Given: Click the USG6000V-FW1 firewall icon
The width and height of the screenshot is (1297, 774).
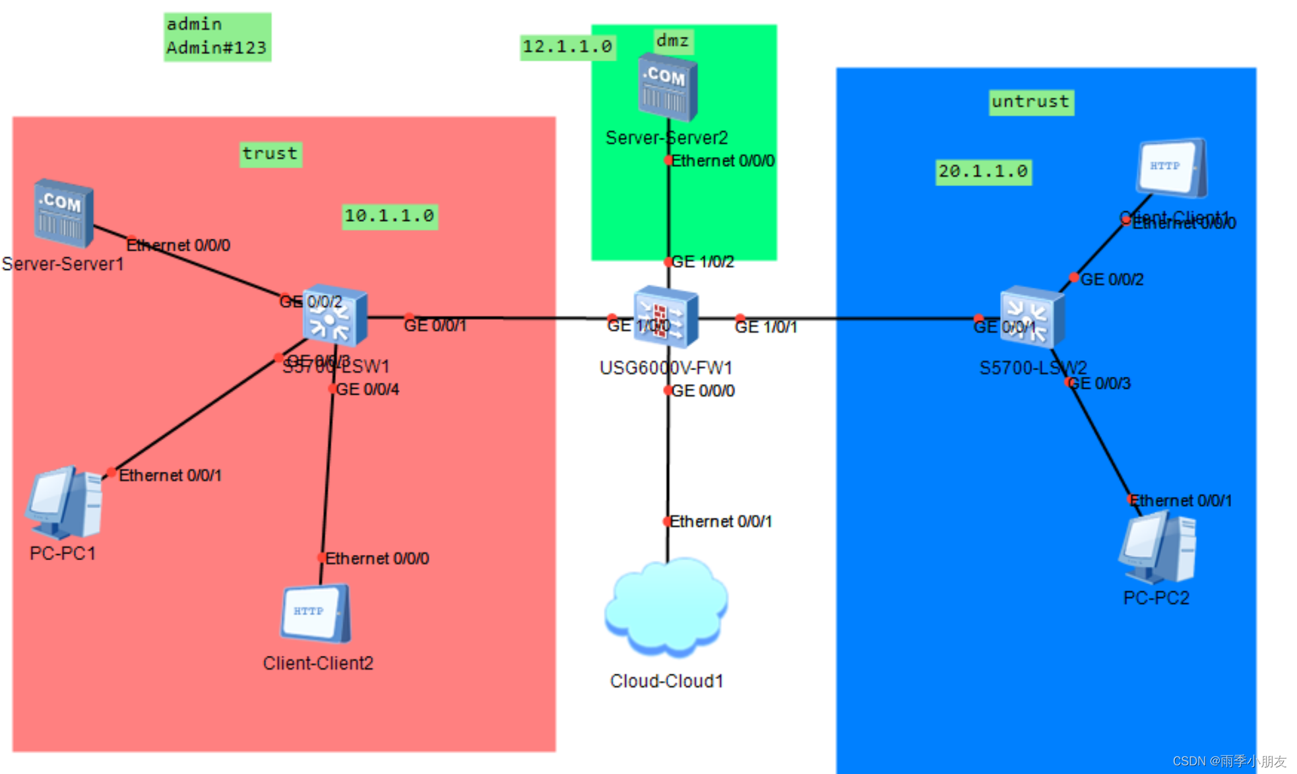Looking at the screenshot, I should click(666, 317).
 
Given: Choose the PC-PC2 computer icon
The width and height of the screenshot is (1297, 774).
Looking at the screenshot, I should click(1158, 549).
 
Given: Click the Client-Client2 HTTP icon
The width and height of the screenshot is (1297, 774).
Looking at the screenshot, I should click(315, 614).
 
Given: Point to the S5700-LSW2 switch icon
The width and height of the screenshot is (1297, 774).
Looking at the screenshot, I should click(1032, 317).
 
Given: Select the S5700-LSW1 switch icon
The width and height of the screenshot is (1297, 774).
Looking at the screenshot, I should click(334, 317).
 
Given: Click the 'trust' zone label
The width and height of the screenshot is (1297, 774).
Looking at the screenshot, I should click(270, 154).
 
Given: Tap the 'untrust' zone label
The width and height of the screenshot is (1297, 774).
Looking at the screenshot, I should click(1030, 102).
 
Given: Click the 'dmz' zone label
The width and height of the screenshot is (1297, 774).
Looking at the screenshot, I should click(672, 41).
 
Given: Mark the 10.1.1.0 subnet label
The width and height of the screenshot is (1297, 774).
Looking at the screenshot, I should click(389, 216).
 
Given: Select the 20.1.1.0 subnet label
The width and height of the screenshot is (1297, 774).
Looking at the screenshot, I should click(983, 172).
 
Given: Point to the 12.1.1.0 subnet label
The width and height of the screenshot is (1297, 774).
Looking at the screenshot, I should click(567, 47).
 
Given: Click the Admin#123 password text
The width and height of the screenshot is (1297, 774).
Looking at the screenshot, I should click(216, 48).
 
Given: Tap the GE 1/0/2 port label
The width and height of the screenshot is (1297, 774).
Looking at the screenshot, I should click(703, 262).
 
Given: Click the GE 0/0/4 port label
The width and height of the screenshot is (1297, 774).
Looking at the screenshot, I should click(367, 389).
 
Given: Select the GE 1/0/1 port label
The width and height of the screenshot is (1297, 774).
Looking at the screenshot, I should click(766, 327).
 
